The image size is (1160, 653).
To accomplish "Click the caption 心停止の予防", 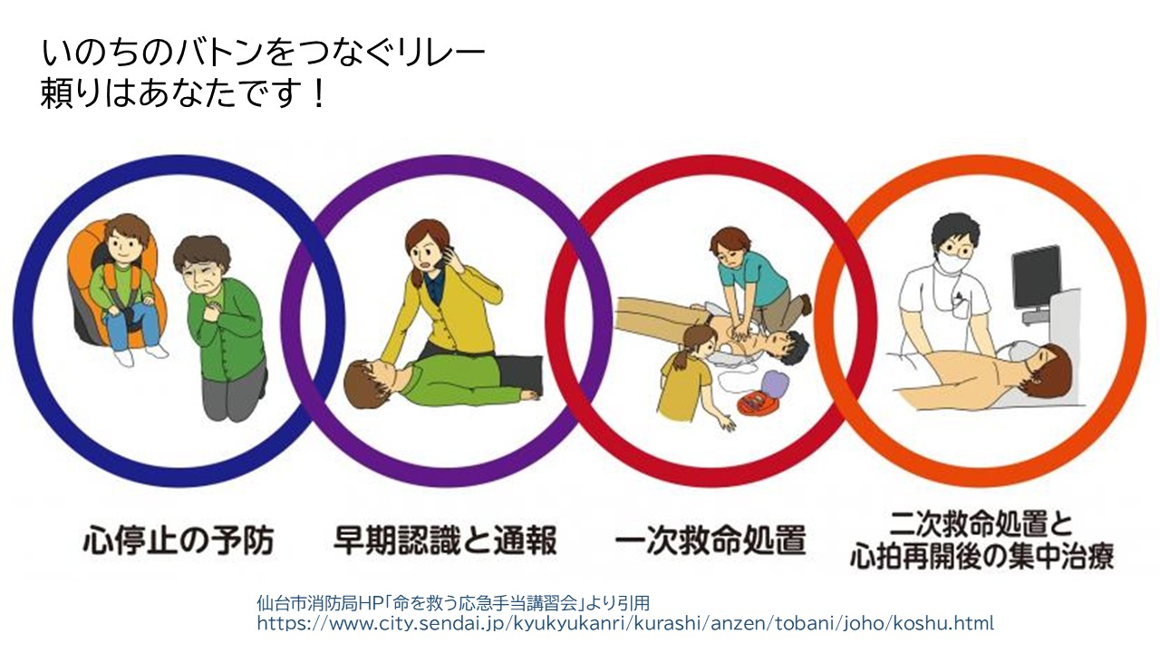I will point(178,541).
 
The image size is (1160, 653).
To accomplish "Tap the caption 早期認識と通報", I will point(444,541).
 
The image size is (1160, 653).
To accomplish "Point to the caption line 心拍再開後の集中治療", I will point(981,555).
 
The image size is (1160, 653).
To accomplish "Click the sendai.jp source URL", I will point(625,624).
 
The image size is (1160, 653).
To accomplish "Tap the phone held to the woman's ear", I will point(439,258).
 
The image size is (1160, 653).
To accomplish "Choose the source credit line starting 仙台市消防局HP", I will point(453,603).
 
